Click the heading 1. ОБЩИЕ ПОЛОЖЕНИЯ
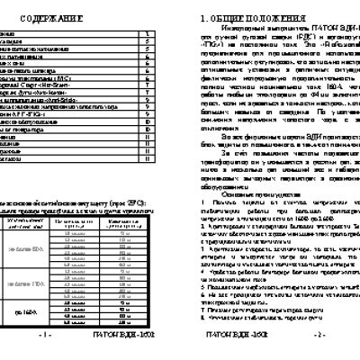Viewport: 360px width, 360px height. (247, 16)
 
